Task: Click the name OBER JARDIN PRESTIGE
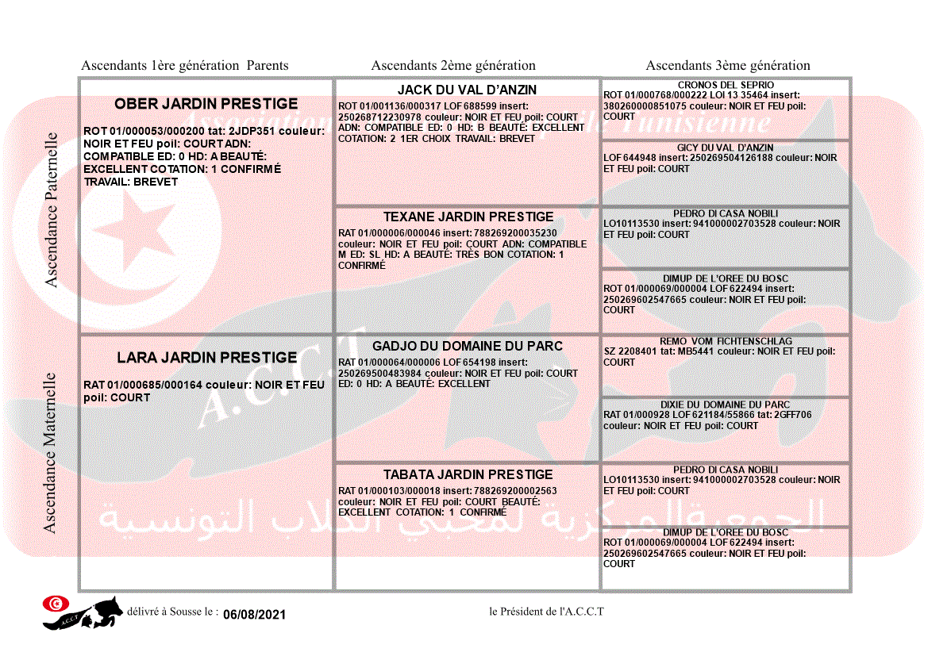206,104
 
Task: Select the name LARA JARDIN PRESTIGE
206,358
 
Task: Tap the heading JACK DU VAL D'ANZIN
467,90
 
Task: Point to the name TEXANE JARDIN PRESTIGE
468,217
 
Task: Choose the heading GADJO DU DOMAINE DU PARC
467,346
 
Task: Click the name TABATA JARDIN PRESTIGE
468,474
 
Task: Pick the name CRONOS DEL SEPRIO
726,85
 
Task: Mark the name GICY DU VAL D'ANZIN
725,148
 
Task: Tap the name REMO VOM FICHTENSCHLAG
725,340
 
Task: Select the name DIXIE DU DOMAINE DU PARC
725,405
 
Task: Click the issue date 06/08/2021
254,615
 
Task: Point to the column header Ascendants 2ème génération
453,66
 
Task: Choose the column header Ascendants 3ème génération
728,66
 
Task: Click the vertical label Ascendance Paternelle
52,209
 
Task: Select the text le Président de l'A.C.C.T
546,612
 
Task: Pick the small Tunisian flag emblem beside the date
55,604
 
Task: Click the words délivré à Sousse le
172,612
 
